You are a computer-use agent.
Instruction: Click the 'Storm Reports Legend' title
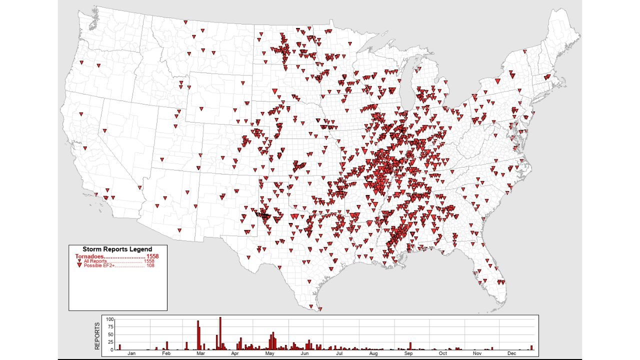pyautogui.click(x=117, y=249)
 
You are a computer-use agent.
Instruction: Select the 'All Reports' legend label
pyautogui.click(x=95, y=261)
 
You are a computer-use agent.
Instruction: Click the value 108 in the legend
pyautogui.click(x=150, y=265)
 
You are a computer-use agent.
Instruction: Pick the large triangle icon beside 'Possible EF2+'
pyautogui.click(x=79, y=265)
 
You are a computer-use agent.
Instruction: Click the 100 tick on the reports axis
pyautogui.click(x=110, y=319)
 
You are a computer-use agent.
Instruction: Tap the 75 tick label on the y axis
pyautogui.click(x=111, y=326)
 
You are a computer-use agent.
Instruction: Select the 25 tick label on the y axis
pyautogui.click(x=111, y=342)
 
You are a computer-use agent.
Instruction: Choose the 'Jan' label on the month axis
pyautogui.click(x=131, y=353)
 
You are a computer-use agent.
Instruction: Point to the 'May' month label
pyautogui.click(x=270, y=353)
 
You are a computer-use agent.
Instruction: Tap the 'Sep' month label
pyautogui.click(x=408, y=353)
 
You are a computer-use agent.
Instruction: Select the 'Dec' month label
pyautogui.click(x=511, y=353)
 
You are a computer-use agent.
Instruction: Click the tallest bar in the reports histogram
pyautogui.click(x=220, y=333)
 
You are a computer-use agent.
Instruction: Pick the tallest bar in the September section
pyautogui.click(x=410, y=346)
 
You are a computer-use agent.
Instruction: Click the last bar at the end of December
pyautogui.click(x=532, y=347)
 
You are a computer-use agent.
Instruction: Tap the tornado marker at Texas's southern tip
pyautogui.click(x=320, y=308)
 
